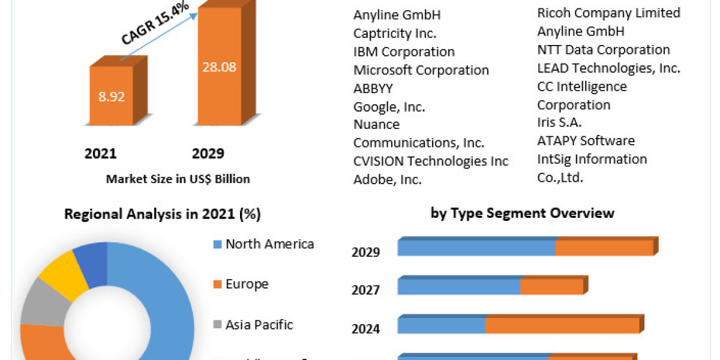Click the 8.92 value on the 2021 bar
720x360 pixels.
[x=112, y=97]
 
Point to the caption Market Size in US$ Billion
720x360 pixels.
[x=178, y=179]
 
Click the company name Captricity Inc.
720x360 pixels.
[x=395, y=33]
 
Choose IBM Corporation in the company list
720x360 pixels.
[x=404, y=52]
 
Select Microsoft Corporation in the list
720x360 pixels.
[x=421, y=70]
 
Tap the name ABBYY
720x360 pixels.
[x=373, y=88]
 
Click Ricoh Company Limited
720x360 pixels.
[x=608, y=13]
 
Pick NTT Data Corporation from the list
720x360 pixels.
[x=603, y=50]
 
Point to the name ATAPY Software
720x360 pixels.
[x=586, y=141]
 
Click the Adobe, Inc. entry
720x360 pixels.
[x=387, y=179]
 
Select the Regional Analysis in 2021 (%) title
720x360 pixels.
[x=163, y=214]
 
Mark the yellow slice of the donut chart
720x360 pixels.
[x=62, y=277]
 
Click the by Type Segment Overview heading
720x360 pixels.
[x=522, y=213]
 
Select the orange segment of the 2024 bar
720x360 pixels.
[x=562, y=326]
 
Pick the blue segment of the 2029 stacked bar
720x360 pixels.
[x=476, y=248]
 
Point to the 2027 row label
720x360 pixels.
[x=365, y=290]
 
